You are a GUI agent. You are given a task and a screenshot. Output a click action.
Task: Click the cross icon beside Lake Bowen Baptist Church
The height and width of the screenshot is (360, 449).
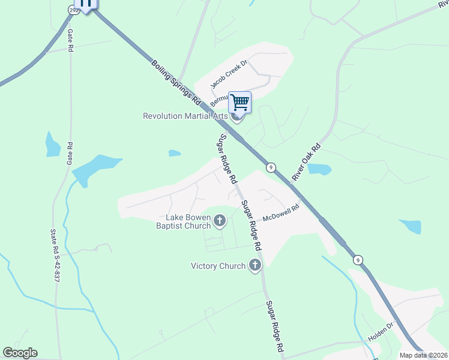(220, 221)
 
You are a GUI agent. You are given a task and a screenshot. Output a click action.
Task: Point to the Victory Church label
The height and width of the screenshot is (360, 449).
(218, 266)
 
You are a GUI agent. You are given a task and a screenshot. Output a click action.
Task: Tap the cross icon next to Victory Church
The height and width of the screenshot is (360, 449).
(255, 265)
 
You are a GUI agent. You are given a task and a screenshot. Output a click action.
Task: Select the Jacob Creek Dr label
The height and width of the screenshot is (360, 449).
(229, 74)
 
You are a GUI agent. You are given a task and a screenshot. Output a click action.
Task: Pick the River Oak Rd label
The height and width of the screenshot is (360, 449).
(307, 162)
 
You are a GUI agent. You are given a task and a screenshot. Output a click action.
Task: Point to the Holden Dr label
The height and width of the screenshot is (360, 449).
(380, 332)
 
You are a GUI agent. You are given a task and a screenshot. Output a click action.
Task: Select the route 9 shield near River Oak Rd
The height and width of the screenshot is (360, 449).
(271, 167)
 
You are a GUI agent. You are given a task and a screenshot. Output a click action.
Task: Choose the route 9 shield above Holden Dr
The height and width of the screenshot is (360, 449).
(358, 260)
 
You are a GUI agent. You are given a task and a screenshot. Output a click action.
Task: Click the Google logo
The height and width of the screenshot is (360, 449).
(20, 353)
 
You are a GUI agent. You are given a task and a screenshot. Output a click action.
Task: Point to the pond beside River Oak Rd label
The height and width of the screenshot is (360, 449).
(319, 169)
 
